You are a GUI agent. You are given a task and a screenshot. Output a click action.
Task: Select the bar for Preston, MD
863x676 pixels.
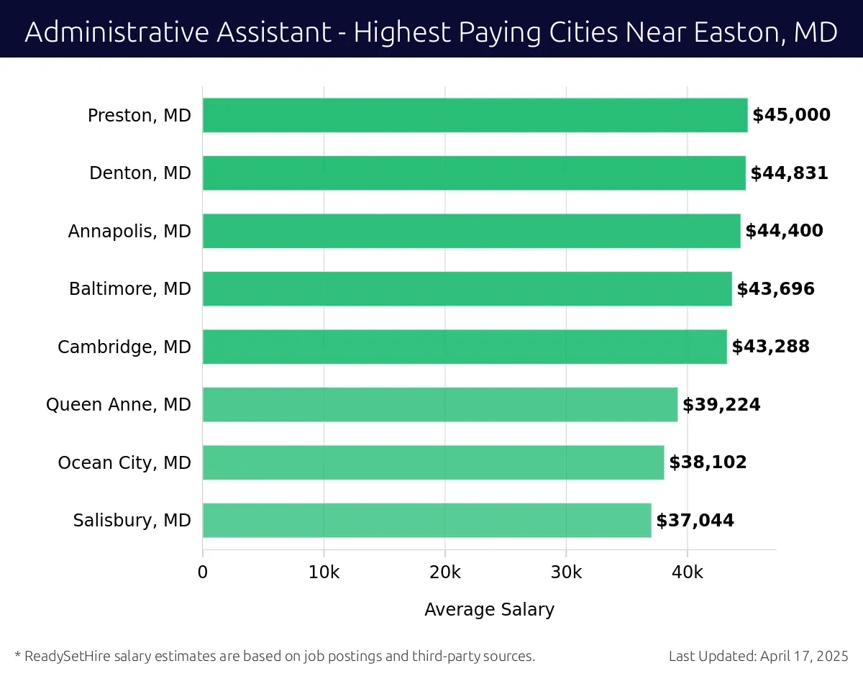click(475, 115)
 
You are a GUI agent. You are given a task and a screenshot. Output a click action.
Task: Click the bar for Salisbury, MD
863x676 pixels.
click(426, 520)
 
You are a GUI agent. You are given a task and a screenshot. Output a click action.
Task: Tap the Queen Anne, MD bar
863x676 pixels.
click(439, 404)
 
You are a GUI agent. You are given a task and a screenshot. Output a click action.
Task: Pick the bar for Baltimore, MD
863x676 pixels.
click(467, 288)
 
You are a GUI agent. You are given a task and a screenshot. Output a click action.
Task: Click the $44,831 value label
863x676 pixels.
click(789, 173)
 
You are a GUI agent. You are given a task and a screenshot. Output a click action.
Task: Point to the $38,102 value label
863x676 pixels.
click(708, 462)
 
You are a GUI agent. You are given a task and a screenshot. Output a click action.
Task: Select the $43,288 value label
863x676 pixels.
click(770, 347)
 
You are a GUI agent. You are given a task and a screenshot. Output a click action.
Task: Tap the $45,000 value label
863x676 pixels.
click(791, 115)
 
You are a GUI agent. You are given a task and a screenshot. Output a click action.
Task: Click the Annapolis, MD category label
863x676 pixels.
click(129, 231)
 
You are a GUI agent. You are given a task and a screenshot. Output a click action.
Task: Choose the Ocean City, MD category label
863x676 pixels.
click(124, 462)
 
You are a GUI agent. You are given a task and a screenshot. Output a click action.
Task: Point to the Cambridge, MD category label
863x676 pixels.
click(124, 347)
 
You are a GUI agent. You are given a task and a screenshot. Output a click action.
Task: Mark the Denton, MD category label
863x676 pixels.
click(140, 173)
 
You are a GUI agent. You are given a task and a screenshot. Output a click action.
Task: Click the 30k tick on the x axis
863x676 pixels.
click(566, 572)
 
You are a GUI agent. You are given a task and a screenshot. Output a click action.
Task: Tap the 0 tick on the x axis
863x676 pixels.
click(203, 572)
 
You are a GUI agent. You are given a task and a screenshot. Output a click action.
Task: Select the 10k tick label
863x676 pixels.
click(324, 572)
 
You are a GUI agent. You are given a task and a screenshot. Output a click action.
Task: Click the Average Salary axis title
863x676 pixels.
click(489, 610)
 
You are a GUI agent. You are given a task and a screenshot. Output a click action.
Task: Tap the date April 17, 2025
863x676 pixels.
click(803, 656)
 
